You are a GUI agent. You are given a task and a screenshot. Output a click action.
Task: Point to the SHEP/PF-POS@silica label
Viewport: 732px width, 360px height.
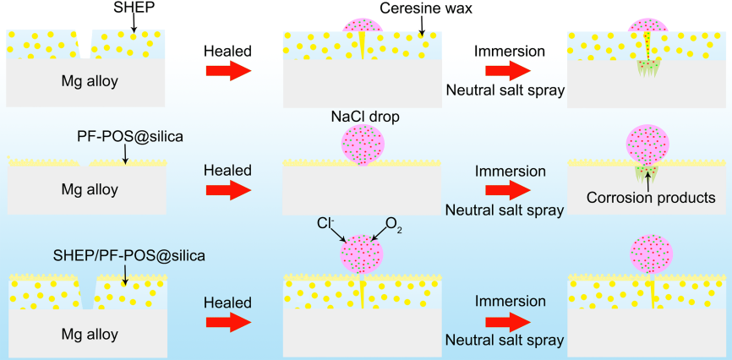click(129, 256)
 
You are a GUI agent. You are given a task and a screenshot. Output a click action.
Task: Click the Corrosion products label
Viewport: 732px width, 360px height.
click(651, 198)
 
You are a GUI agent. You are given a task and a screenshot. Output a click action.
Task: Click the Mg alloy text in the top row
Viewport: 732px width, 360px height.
click(90, 81)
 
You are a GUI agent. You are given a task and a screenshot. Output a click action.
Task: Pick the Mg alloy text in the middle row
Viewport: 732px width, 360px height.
click(90, 189)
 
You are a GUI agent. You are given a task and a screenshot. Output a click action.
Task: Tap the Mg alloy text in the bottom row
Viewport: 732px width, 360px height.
click(90, 335)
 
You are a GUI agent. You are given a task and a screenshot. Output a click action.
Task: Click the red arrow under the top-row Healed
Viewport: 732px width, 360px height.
click(228, 71)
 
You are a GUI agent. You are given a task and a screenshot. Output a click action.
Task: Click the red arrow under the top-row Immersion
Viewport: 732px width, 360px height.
click(508, 71)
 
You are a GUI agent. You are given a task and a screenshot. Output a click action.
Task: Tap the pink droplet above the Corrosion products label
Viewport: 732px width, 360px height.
click(648, 145)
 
